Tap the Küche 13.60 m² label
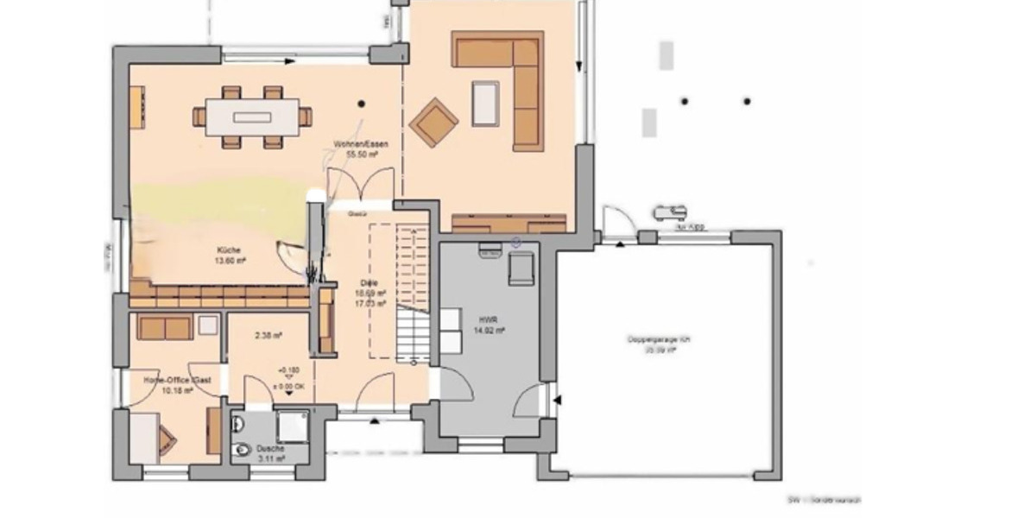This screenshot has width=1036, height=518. click(x=230, y=254)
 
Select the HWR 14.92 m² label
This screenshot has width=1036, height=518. click(x=489, y=324)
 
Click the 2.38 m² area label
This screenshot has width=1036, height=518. click(x=271, y=337)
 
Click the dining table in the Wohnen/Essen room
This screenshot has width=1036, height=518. click(x=251, y=117)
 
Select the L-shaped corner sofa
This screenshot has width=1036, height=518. click(x=515, y=78)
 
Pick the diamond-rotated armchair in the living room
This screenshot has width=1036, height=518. click(x=433, y=123)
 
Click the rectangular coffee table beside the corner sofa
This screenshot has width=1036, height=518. click(x=485, y=103)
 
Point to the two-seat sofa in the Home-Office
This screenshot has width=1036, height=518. click(x=165, y=327)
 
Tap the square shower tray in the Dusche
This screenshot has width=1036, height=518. click(x=291, y=426)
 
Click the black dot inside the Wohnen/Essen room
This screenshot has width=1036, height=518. click(x=362, y=103)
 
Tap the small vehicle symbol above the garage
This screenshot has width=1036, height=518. click(x=669, y=211)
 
